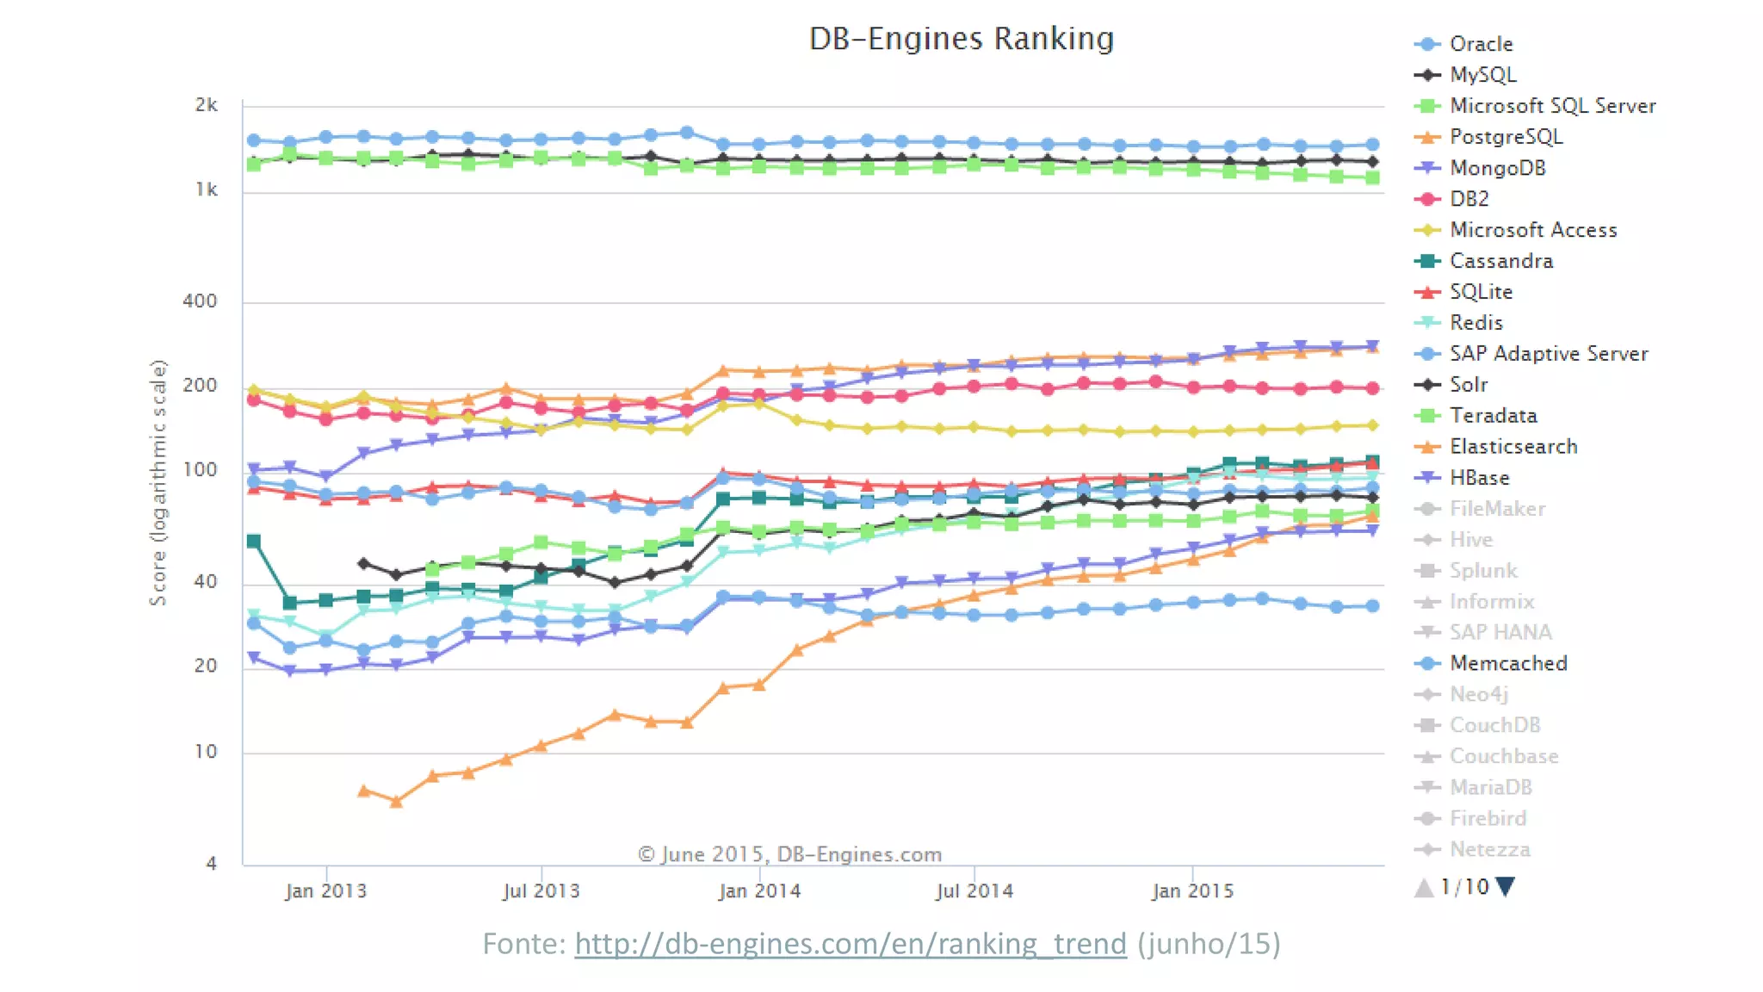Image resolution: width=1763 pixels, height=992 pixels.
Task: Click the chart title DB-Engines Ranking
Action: click(x=961, y=39)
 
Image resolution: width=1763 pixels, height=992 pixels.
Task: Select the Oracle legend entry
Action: click(x=1480, y=44)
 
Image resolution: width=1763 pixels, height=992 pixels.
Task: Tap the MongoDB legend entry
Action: click(x=1497, y=168)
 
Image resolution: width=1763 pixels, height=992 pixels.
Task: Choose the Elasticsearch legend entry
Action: click(x=1512, y=447)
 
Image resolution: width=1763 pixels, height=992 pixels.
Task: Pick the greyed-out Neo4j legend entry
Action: click(x=1478, y=694)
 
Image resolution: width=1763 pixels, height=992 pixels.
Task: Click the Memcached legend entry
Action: click(x=1507, y=663)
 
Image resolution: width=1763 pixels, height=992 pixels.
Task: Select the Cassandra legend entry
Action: click(x=1500, y=261)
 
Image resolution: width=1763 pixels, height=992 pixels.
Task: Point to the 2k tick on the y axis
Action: click(x=206, y=105)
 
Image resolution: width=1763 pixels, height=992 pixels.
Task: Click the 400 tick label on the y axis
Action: click(x=200, y=301)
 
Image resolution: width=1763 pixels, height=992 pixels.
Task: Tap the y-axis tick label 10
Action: click(x=206, y=752)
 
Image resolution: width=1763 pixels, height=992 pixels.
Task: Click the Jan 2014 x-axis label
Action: click(x=759, y=891)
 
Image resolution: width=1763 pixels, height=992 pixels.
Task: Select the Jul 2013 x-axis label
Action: click(x=541, y=891)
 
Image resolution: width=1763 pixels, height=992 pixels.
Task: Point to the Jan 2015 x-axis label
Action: click(x=1192, y=891)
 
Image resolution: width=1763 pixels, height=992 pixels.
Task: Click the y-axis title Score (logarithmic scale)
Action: click(x=158, y=482)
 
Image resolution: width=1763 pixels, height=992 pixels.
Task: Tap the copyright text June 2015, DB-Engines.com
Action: click(x=789, y=854)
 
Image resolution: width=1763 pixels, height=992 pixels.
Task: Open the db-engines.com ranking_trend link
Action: click(x=850, y=944)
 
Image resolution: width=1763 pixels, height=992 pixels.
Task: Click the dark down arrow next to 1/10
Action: click(x=1505, y=886)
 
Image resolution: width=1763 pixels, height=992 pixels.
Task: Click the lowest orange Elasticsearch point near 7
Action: click(x=396, y=802)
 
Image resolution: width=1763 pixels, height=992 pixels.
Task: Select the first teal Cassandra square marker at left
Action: click(x=254, y=541)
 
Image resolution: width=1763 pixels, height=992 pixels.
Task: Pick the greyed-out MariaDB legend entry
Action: click(x=1490, y=787)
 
